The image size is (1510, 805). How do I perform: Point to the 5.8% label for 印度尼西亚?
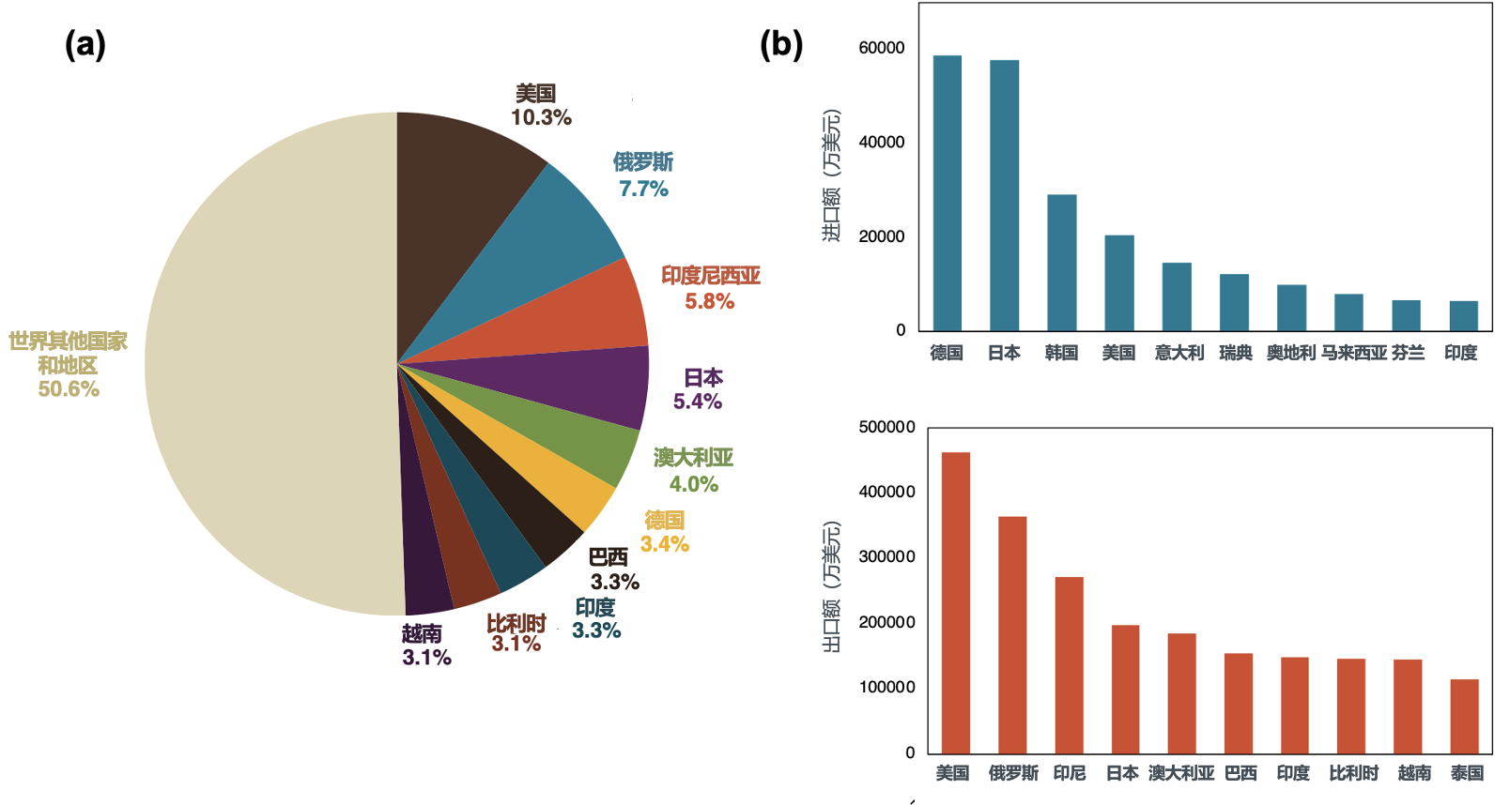[x=709, y=301]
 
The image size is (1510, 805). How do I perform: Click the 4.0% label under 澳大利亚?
[x=693, y=484]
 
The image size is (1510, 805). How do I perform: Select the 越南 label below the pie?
[x=422, y=633]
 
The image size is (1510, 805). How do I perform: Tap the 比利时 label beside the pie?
[x=516, y=624]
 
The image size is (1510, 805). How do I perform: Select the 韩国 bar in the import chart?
[x=1061, y=263]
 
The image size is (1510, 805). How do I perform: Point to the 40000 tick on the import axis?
[x=882, y=142]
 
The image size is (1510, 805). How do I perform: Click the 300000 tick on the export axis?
[x=886, y=556]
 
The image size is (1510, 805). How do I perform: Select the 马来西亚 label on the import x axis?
[x=1353, y=353]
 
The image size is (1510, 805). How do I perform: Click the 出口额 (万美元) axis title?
[x=831, y=586]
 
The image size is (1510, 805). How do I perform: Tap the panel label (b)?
[x=780, y=44]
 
